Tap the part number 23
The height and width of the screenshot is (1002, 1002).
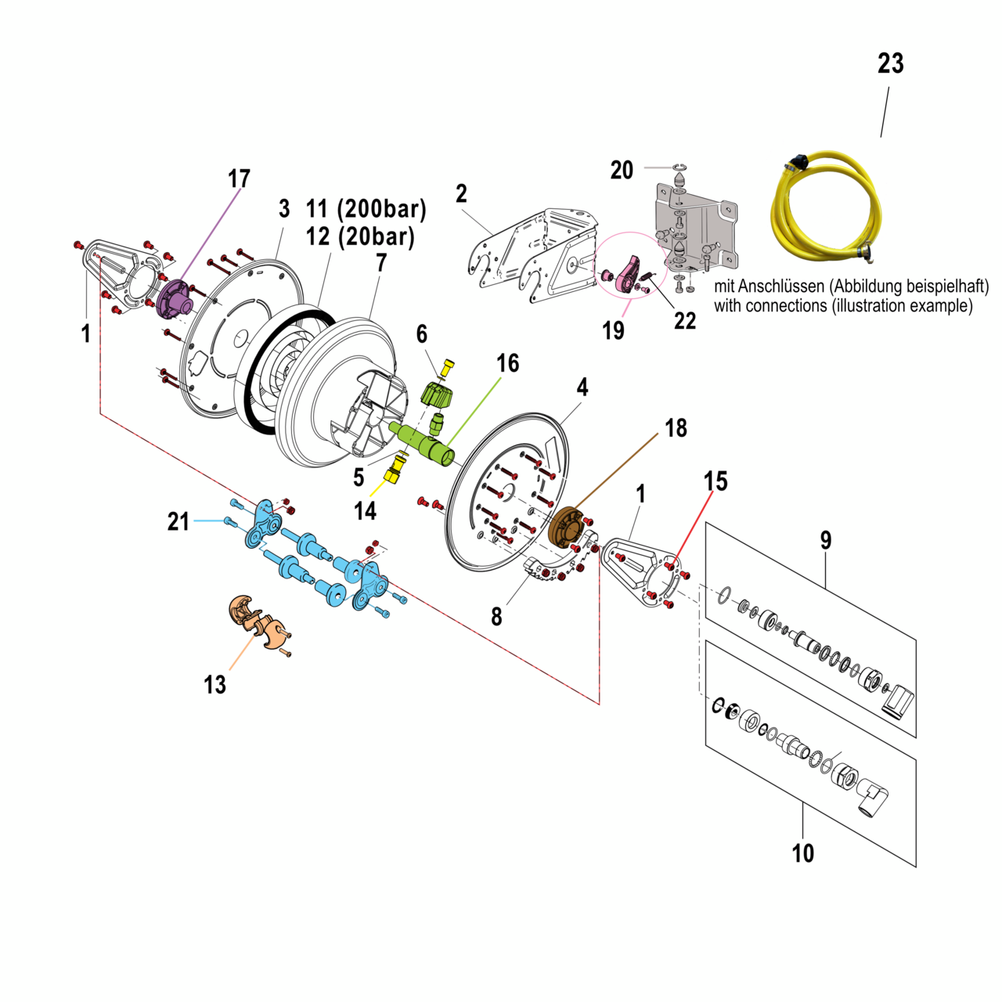890,63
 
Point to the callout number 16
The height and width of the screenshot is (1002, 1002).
507,363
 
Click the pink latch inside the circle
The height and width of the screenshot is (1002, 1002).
629,276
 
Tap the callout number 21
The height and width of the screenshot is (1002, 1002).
178,521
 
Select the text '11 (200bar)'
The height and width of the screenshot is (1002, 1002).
366,209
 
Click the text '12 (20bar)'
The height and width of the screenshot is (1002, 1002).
360,236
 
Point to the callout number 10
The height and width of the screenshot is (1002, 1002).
802,852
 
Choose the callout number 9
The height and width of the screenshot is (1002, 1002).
826,540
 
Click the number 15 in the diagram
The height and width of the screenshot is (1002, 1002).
715,481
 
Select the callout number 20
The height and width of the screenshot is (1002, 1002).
622,170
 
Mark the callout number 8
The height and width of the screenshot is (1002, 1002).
496,617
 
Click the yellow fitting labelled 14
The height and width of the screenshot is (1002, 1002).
395,471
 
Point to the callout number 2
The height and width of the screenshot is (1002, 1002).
461,193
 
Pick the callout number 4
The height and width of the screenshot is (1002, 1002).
582,387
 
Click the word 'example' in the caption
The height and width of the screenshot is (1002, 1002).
943,306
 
